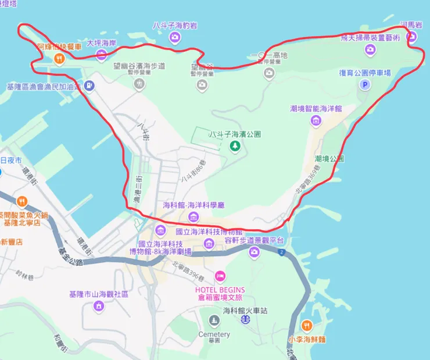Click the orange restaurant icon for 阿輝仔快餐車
coord(59,58)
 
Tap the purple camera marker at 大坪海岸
coord(102,55)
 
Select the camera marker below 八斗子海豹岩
coord(175,38)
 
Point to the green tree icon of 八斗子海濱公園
coord(235,147)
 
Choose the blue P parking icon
coord(365,85)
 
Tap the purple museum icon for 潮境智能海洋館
coord(316,120)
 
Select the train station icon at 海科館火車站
coord(246,319)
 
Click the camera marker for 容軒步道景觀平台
coord(254,252)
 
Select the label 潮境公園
coord(329,158)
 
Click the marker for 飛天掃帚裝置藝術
coord(370,49)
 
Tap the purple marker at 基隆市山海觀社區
coord(99,305)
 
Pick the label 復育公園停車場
coord(365,73)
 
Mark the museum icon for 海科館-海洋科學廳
coord(193,218)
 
